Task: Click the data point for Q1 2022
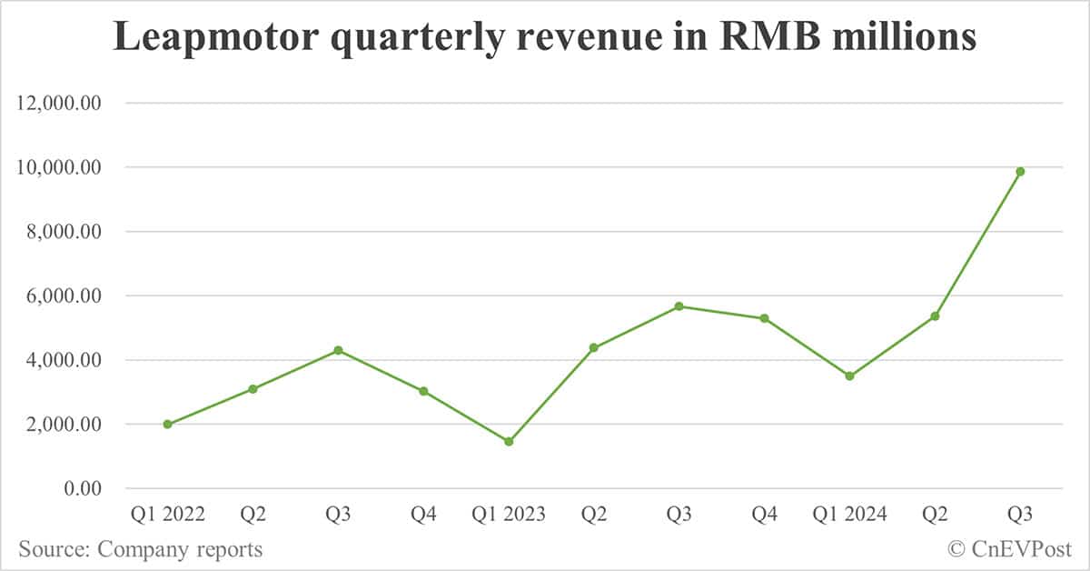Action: click(x=167, y=424)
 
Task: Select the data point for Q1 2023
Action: click(x=509, y=442)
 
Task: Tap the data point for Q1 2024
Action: click(x=849, y=376)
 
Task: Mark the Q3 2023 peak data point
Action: click(x=679, y=306)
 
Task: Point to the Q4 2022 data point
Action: click(x=423, y=391)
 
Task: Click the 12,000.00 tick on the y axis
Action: click(x=58, y=103)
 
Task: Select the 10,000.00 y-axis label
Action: click(x=58, y=167)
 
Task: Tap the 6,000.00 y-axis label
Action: click(x=63, y=296)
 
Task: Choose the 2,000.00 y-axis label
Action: click(x=63, y=424)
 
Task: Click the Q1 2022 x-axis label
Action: click(x=167, y=515)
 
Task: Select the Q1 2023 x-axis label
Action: click(x=509, y=515)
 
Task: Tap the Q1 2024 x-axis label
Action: click(x=849, y=515)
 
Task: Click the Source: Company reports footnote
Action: click(x=141, y=549)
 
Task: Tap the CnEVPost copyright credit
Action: click(x=1009, y=549)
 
